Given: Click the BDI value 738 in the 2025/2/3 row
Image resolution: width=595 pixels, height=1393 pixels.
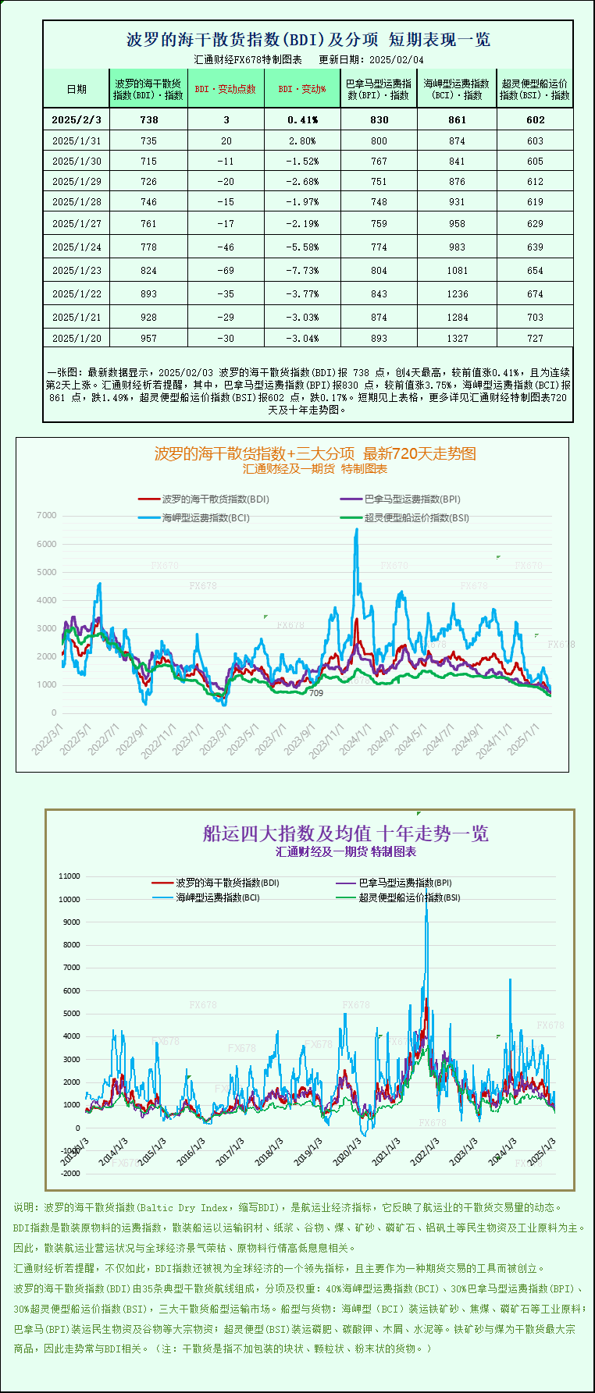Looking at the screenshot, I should point(148,120).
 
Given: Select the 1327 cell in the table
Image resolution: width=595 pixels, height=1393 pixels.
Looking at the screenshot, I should point(457,339).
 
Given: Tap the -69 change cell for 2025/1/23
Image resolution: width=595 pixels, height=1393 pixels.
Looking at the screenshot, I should point(226,271).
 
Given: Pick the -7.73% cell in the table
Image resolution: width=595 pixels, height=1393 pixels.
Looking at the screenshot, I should point(302,271).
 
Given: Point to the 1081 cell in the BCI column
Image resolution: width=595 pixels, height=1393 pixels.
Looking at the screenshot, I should point(457,271).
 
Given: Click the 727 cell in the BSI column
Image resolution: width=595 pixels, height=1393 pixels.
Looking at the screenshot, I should point(535,339).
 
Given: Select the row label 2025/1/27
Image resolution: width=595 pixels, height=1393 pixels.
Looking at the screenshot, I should point(77,224).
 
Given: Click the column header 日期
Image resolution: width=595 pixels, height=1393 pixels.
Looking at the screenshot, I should point(77,89).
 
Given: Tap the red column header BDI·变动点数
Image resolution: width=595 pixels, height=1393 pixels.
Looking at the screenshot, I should point(225,89).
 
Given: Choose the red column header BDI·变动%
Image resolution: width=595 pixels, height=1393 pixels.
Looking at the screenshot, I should point(301,89).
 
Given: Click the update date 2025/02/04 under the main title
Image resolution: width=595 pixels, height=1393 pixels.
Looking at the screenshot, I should point(397,59).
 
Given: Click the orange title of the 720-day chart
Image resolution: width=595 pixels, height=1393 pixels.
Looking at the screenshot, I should point(315,453).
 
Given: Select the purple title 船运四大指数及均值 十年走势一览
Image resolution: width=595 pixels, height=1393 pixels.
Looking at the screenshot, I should point(346,833).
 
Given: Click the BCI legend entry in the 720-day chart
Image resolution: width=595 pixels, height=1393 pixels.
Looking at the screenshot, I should point(205,517).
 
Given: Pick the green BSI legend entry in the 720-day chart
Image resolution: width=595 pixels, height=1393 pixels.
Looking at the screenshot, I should point(416,517).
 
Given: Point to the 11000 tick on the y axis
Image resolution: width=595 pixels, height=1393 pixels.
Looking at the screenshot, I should point(69,876).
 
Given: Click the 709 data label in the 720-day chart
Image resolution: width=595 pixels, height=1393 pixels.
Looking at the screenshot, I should point(315,693).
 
